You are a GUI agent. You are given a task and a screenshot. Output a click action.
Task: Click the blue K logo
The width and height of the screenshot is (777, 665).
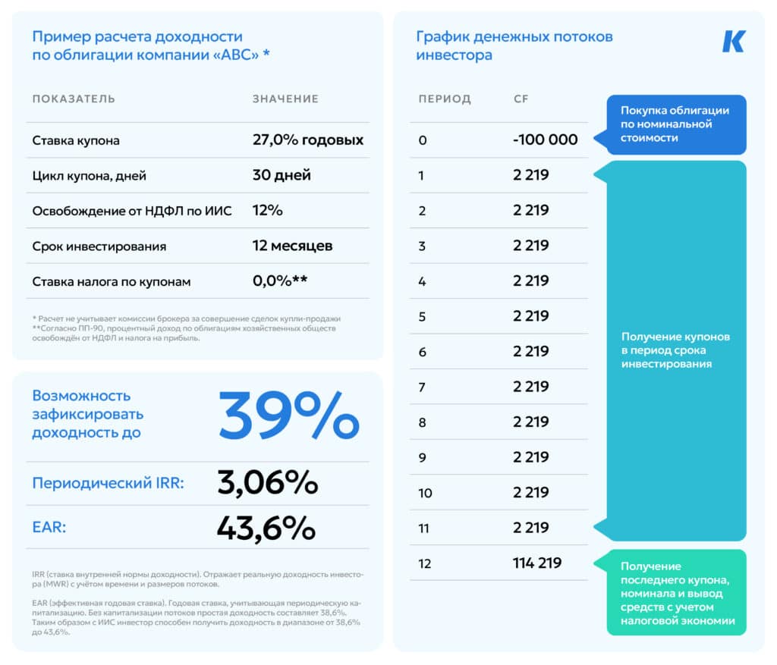[x=733, y=41]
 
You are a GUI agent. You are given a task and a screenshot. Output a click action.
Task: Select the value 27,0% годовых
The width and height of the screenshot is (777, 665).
[x=307, y=140]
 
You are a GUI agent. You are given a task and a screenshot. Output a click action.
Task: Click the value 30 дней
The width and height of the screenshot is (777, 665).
[x=282, y=175]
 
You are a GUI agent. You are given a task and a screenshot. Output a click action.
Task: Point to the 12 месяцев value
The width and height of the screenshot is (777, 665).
[x=292, y=246]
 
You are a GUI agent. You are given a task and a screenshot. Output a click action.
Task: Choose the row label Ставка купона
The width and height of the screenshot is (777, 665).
[x=76, y=140]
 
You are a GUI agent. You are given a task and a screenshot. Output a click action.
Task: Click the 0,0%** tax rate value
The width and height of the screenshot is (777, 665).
[x=279, y=281]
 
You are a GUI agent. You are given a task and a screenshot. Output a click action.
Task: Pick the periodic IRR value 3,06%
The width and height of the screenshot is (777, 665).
[x=267, y=483]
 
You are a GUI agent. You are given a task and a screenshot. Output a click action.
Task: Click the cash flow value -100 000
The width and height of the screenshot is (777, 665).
[x=545, y=140]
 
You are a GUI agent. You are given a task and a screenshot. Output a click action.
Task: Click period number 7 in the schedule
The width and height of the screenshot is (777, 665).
[x=422, y=387]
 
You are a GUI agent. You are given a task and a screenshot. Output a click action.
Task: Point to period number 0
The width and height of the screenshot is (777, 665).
[x=423, y=140]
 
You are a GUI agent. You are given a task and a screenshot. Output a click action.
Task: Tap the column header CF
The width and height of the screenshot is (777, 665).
[x=521, y=99]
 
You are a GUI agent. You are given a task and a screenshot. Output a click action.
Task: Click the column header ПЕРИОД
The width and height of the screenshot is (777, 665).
[x=445, y=99]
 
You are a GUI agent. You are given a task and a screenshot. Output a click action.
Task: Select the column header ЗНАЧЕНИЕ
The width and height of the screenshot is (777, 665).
[x=285, y=99]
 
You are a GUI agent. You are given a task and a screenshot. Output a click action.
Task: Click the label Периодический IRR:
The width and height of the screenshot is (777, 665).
[x=107, y=483]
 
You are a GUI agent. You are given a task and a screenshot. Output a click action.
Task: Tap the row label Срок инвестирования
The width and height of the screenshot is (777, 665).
[x=99, y=246]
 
